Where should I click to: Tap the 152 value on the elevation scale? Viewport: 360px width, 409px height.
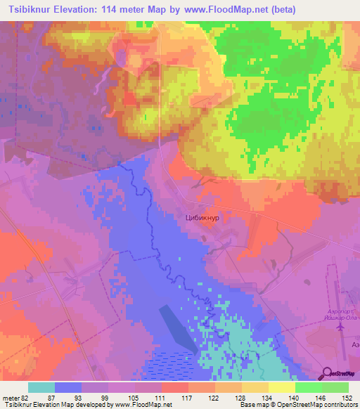click(x=347, y=398)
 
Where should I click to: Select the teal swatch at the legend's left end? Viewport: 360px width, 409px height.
click(x=41, y=387)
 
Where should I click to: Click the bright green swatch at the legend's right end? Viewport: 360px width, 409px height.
click(x=335, y=387)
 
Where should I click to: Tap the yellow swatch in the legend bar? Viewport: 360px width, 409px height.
click(x=282, y=387)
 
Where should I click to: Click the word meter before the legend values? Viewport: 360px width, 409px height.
click(x=10, y=398)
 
